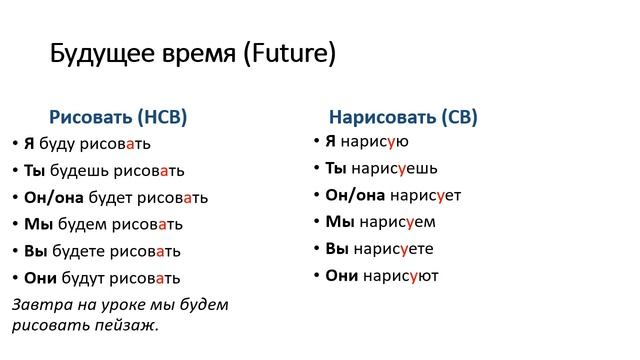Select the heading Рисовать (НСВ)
point(118,116)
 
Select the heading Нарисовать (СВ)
point(403,117)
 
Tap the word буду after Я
point(57,143)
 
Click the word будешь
point(73,170)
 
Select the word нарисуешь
point(393,168)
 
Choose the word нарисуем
point(391,222)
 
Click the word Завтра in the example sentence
point(37,304)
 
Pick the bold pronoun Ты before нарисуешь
point(336,168)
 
